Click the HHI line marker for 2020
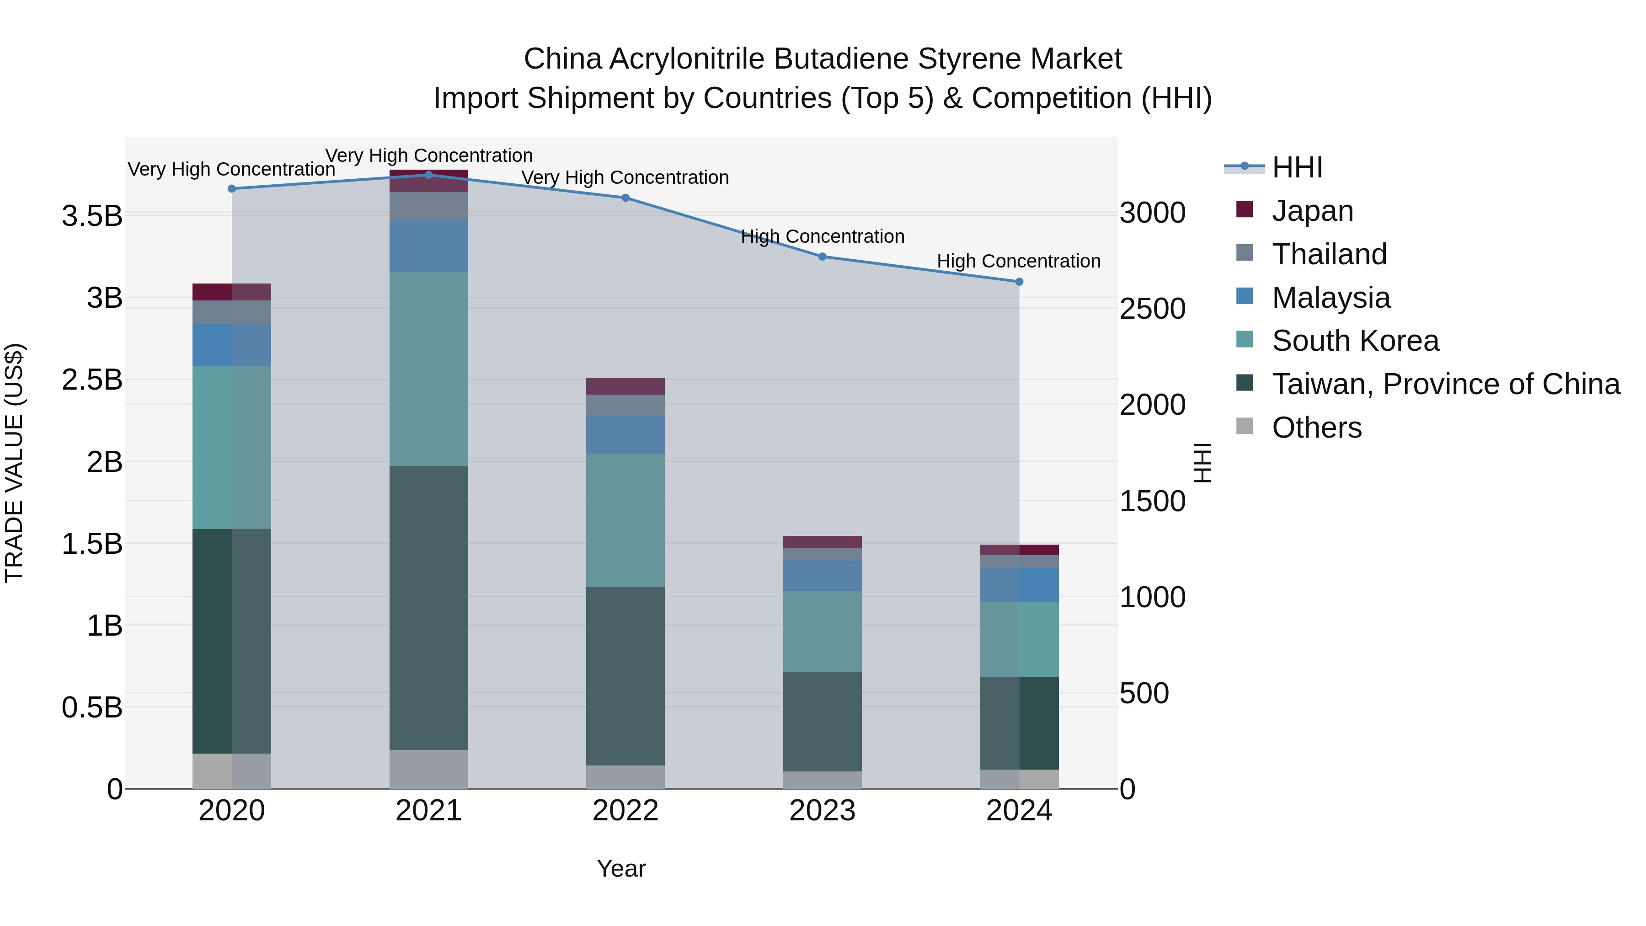coord(232,188)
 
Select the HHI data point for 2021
coord(429,175)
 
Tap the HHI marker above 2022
coord(625,198)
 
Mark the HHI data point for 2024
coord(1019,282)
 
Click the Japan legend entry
coord(1312,211)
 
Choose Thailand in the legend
coord(1329,254)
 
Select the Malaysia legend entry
coord(1331,298)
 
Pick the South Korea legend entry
coord(1355,341)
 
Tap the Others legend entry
coord(1316,428)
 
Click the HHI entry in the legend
coord(1297,167)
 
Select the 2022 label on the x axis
coord(625,811)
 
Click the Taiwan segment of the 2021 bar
coord(429,607)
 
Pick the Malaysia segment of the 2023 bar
coord(823,575)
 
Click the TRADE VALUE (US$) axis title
coord(14,463)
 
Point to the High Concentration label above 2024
coord(1019,262)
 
